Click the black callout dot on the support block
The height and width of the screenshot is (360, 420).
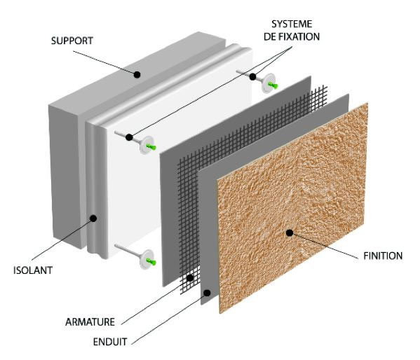[x=138, y=74]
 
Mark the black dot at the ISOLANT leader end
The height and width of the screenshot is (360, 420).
[x=93, y=219]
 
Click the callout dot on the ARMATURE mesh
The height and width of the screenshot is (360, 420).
[x=190, y=278]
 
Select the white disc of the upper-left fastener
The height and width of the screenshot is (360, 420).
[x=146, y=147]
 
